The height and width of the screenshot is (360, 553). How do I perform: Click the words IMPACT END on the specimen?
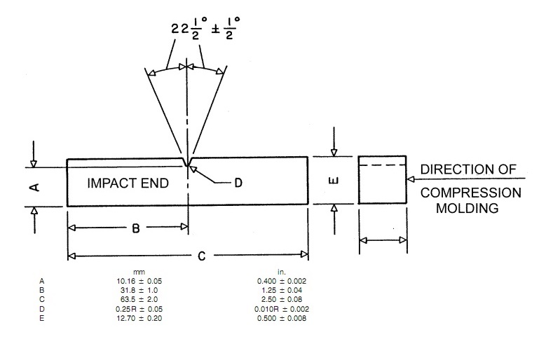(128, 184)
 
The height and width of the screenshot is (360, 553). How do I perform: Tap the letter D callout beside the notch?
(238, 183)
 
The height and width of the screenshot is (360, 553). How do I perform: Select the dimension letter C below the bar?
(201, 256)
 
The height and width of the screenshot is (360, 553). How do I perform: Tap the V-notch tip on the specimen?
(187, 167)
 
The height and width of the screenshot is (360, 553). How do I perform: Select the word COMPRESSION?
(470, 193)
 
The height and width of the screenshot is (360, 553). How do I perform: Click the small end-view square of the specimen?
(382, 180)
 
